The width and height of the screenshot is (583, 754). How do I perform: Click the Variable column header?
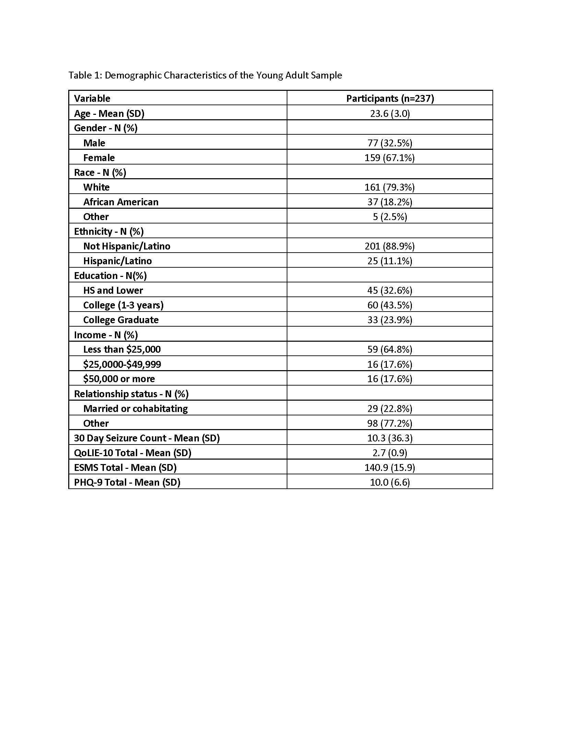[x=92, y=98]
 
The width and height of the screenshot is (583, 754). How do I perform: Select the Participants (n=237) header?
[x=390, y=98]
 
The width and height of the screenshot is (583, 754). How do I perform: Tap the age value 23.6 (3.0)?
[x=390, y=113]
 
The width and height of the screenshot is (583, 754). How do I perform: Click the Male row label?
[x=94, y=143]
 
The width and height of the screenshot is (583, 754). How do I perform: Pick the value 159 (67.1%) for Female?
[x=390, y=158]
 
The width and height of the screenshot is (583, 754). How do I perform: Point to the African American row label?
[x=120, y=202]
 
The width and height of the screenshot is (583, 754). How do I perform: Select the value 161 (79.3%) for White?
[x=390, y=187]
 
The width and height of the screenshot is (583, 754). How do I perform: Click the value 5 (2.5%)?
[x=390, y=217]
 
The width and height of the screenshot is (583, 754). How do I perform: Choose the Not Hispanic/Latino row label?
[x=127, y=246]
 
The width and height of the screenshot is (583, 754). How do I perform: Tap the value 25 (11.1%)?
[x=390, y=261]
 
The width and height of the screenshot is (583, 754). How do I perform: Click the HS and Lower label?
[x=113, y=290]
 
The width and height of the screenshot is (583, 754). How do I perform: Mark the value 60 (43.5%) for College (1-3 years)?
[x=390, y=305]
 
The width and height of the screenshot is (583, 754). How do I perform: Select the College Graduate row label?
[x=120, y=320]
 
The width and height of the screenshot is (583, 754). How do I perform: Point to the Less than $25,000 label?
[x=122, y=349]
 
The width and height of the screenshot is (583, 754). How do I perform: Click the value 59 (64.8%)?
[x=390, y=349]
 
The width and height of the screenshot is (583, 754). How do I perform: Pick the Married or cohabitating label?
[x=135, y=409]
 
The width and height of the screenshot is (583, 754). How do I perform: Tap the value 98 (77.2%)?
[x=390, y=423]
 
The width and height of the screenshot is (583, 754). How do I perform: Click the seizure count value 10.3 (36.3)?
[x=390, y=438]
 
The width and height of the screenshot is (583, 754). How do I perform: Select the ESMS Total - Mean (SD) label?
[x=125, y=467]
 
